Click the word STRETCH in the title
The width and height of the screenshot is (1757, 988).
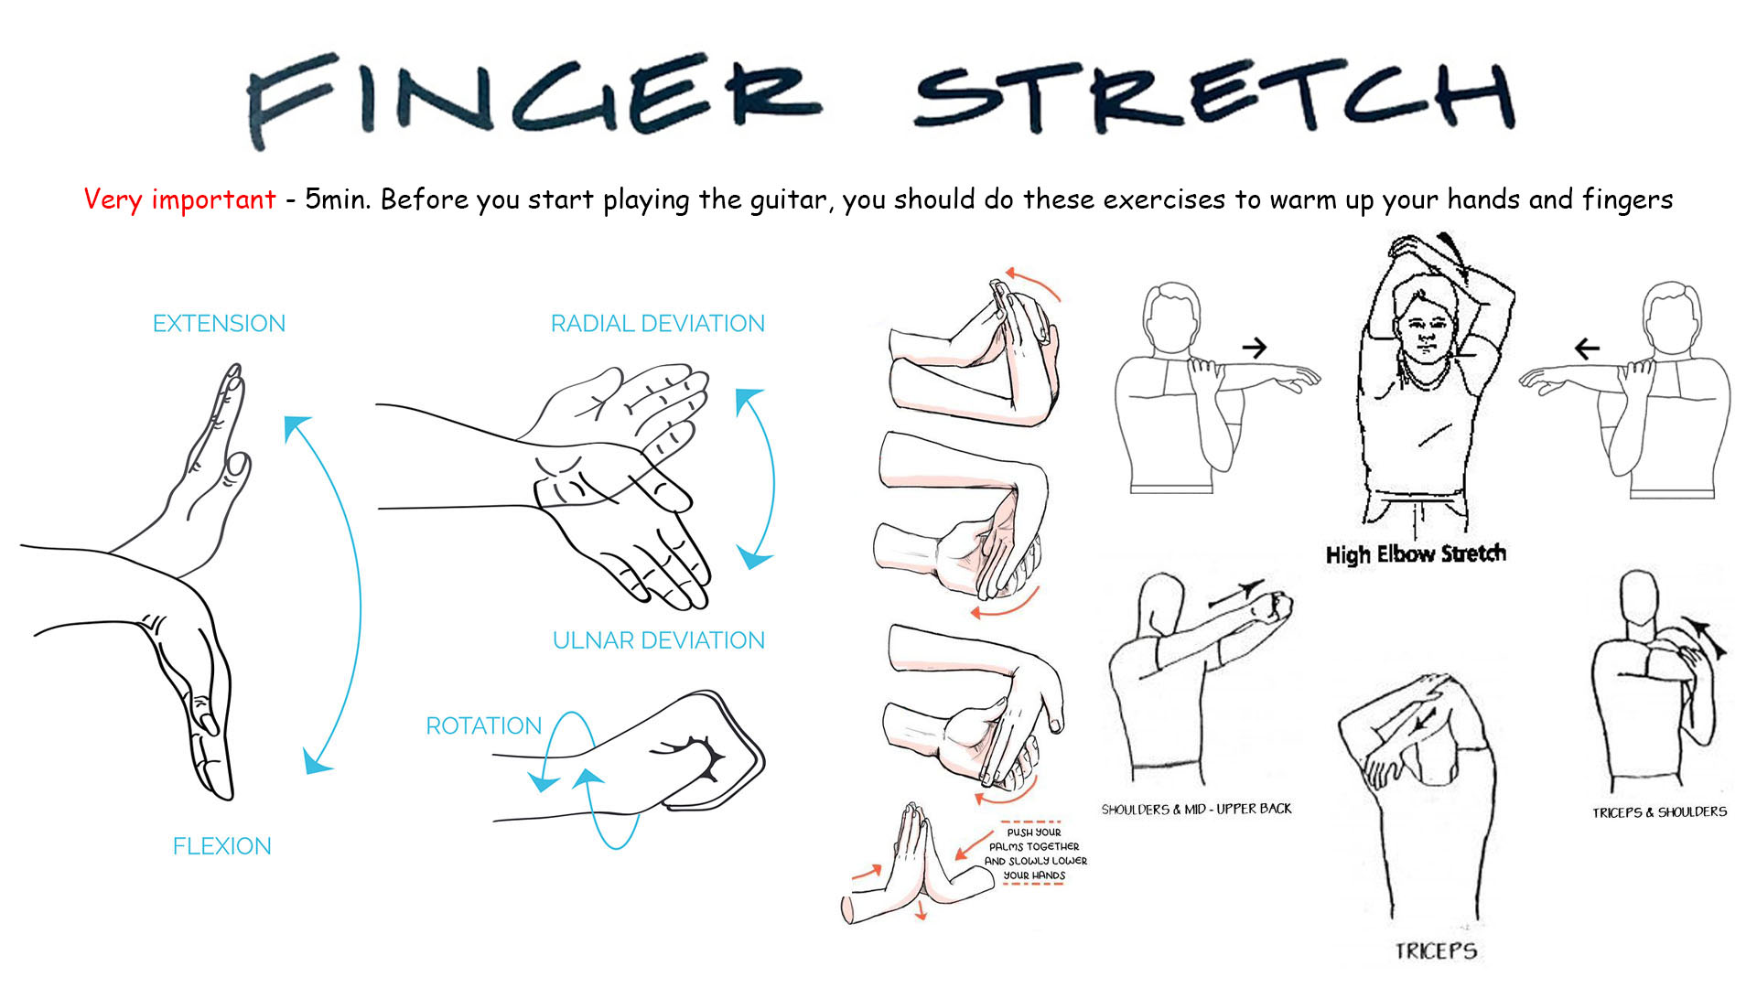(x=1215, y=97)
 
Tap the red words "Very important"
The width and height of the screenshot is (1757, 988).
(x=179, y=199)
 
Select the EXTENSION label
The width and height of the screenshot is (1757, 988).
(x=219, y=323)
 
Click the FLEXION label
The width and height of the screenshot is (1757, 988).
(x=222, y=846)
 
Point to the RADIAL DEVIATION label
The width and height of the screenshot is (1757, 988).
(x=657, y=323)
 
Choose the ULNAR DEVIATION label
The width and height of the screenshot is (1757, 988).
(x=658, y=640)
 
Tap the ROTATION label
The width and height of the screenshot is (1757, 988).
(x=484, y=725)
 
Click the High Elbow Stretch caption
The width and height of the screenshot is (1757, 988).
(x=1416, y=553)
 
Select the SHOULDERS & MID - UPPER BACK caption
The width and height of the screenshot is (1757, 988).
(x=1197, y=809)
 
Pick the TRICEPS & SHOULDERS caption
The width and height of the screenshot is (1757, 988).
(x=1659, y=811)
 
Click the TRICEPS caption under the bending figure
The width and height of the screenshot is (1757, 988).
(x=1436, y=951)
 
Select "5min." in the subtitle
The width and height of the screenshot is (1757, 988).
(x=338, y=199)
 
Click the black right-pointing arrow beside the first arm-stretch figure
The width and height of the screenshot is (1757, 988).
(x=1254, y=348)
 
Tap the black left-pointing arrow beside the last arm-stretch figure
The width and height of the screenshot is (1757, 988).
(x=1587, y=348)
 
